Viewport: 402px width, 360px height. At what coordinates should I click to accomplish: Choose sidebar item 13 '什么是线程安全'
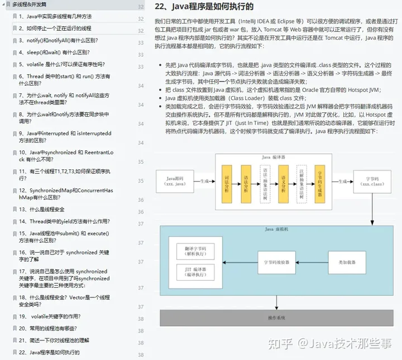(41, 209)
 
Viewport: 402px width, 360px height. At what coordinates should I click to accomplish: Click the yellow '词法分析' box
(226, 183)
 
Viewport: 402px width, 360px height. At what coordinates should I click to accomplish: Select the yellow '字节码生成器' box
(320, 183)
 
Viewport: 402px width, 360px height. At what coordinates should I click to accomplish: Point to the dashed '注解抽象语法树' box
(301, 183)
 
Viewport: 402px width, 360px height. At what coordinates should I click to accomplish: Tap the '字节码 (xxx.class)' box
(371, 181)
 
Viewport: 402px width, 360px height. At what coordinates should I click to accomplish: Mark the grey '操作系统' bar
(276, 318)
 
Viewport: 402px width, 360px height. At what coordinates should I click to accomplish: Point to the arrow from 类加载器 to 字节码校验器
(307, 262)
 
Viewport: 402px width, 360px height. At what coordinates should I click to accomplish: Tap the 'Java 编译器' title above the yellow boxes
(274, 158)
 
